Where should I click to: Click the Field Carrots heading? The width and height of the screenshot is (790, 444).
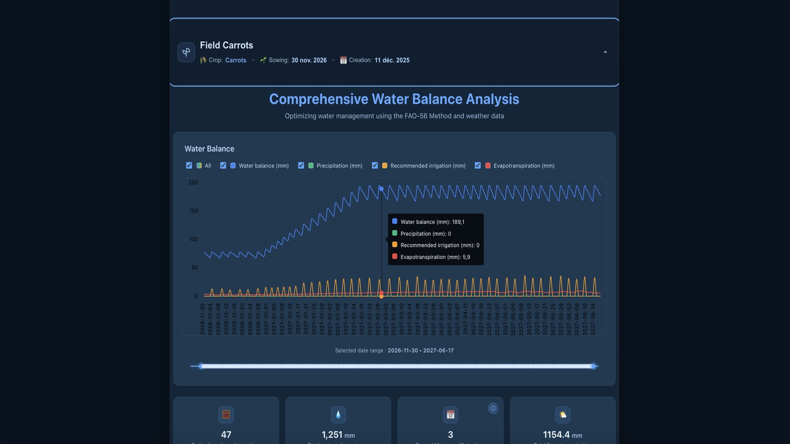point(226,45)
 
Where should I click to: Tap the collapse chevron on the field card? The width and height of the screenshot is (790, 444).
point(605,52)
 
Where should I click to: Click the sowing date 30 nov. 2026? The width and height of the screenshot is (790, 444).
point(309,60)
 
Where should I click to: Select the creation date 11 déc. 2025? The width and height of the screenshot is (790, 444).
point(392,60)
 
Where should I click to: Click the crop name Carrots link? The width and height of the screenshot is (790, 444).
point(236,60)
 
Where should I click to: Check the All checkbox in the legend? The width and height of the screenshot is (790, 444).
point(189,166)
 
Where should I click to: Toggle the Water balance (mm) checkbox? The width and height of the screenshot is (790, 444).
point(223,166)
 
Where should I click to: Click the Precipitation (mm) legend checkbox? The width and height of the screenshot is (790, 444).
point(301,166)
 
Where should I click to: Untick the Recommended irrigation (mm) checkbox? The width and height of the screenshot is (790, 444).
point(375,166)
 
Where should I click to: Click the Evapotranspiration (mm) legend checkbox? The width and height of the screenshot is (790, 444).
point(478,166)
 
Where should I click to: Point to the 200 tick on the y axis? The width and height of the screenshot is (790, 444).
point(193,183)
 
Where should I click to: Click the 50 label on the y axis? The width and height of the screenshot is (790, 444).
point(195,268)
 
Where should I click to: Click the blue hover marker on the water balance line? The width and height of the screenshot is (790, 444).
point(381,189)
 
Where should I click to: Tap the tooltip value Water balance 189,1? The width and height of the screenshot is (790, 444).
point(432,222)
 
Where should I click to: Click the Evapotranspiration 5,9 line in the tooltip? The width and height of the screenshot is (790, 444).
point(434,257)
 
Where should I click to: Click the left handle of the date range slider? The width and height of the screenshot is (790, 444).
point(201,366)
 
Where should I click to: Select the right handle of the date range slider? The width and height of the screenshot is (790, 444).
point(593,366)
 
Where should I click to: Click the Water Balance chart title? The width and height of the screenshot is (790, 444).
point(209,149)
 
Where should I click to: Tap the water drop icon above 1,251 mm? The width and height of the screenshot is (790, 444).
point(338,414)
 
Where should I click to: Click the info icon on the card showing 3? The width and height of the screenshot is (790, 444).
point(493,408)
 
